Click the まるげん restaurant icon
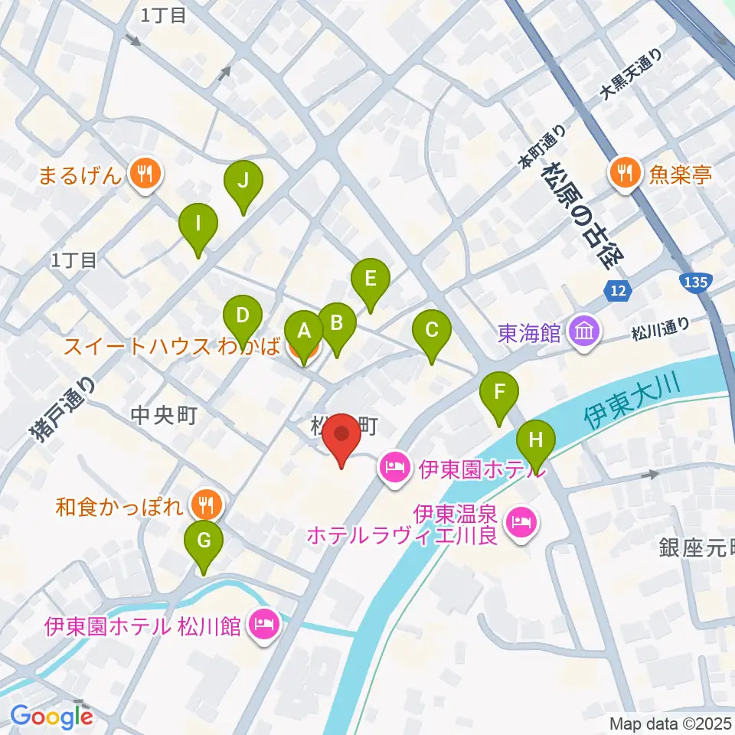[143, 175]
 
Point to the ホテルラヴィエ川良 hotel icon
[524, 522]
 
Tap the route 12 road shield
[618, 290]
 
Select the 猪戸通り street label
[63, 411]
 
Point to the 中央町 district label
[165, 416]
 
